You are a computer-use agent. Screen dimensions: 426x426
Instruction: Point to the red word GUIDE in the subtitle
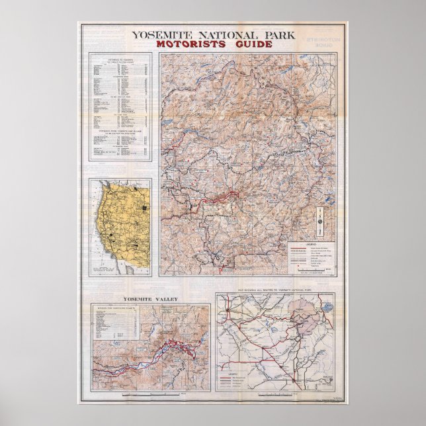pos(249,45)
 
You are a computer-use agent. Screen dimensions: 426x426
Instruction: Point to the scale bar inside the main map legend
pos(312,272)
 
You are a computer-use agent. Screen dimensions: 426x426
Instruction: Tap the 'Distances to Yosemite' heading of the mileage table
pos(120,58)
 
